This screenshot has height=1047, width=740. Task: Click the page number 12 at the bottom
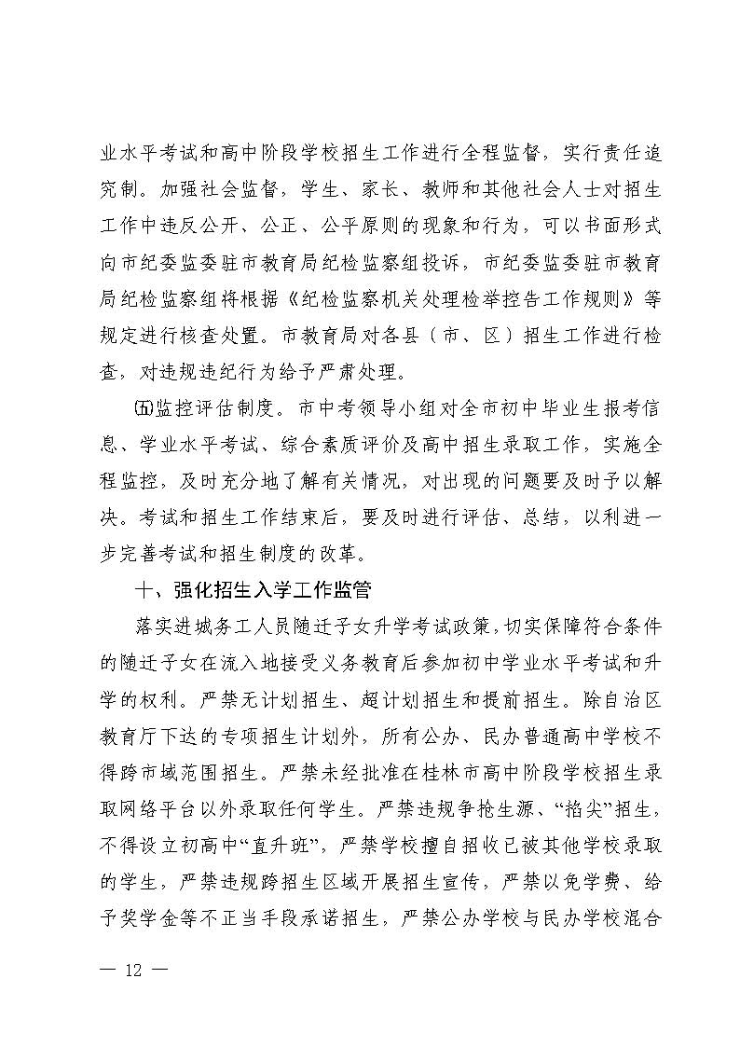[132, 970]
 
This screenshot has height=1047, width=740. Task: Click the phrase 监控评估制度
[211, 409]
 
